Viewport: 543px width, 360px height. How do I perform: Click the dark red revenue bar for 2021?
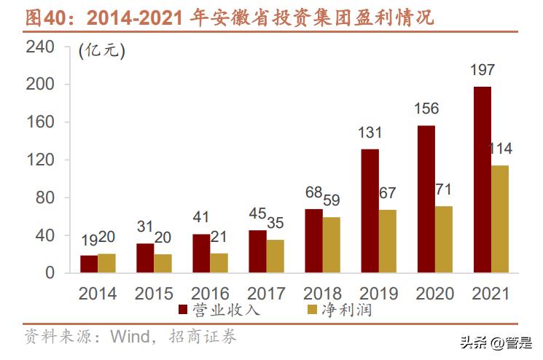point(482,180)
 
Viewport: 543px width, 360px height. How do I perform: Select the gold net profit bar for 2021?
point(500,219)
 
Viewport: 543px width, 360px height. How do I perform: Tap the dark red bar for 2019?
point(370,211)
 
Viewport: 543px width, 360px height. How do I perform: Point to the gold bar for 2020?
point(444,239)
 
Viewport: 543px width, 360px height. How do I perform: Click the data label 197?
point(482,71)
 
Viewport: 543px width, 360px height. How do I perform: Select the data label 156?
point(426,109)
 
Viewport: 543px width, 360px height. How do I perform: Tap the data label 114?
point(499,149)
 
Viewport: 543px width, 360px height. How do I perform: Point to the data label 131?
point(370,133)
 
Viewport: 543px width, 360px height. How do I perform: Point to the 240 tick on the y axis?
point(40,47)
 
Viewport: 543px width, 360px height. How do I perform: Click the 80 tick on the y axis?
point(45,197)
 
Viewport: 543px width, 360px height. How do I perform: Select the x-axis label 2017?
point(266,294)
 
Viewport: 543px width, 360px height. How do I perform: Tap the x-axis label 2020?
point(435,294)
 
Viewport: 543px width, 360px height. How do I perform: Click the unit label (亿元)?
point(101,51)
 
